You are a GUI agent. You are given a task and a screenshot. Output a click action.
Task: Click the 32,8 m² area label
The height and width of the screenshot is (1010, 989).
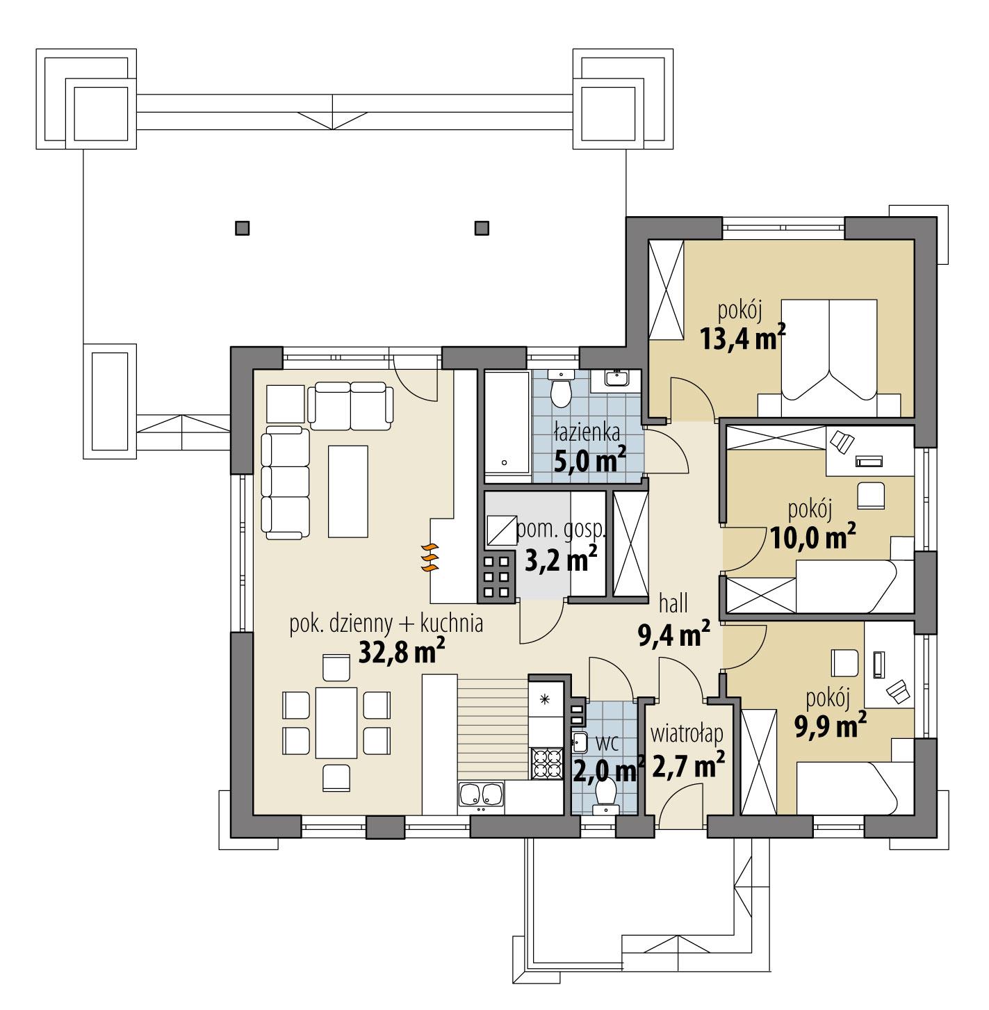(401, 651)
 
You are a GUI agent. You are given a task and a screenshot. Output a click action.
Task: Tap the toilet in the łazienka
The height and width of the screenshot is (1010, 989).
(559, 390)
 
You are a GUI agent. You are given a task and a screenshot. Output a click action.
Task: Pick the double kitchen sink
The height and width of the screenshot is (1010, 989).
(481, 797)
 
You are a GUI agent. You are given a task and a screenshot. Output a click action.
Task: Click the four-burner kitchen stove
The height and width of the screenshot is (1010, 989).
(546, 763)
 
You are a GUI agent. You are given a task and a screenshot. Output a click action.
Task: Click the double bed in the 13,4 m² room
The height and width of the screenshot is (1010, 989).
(829, 358)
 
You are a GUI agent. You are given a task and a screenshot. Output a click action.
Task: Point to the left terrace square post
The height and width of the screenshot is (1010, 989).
(242, 227)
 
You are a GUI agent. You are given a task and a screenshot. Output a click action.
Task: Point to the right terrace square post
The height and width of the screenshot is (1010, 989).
(481, 227)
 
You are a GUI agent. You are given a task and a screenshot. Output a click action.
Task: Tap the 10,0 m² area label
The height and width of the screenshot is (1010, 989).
(812, 537)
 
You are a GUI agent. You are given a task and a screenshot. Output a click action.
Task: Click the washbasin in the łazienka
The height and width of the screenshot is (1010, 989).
(616, 377)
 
